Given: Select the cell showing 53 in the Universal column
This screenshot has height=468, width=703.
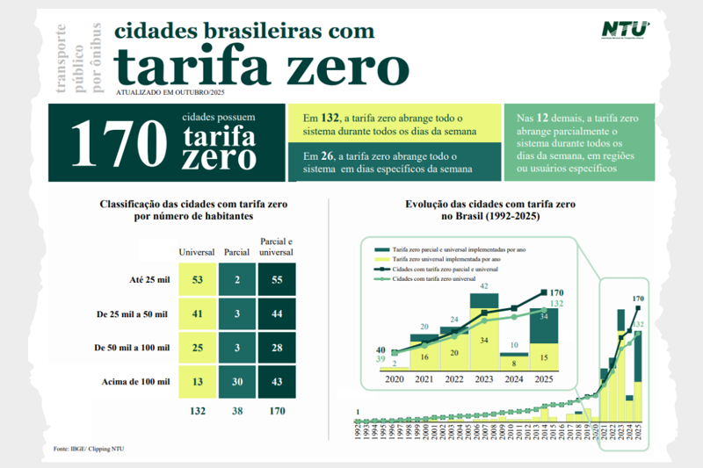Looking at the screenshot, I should (x=196, y=280).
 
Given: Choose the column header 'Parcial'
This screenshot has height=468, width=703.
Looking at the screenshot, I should (x=236, y=253).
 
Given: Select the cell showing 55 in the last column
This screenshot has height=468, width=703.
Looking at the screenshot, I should (x=277, y=280).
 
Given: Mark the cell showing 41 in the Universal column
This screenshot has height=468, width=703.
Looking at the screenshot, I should (x=196, y=313).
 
